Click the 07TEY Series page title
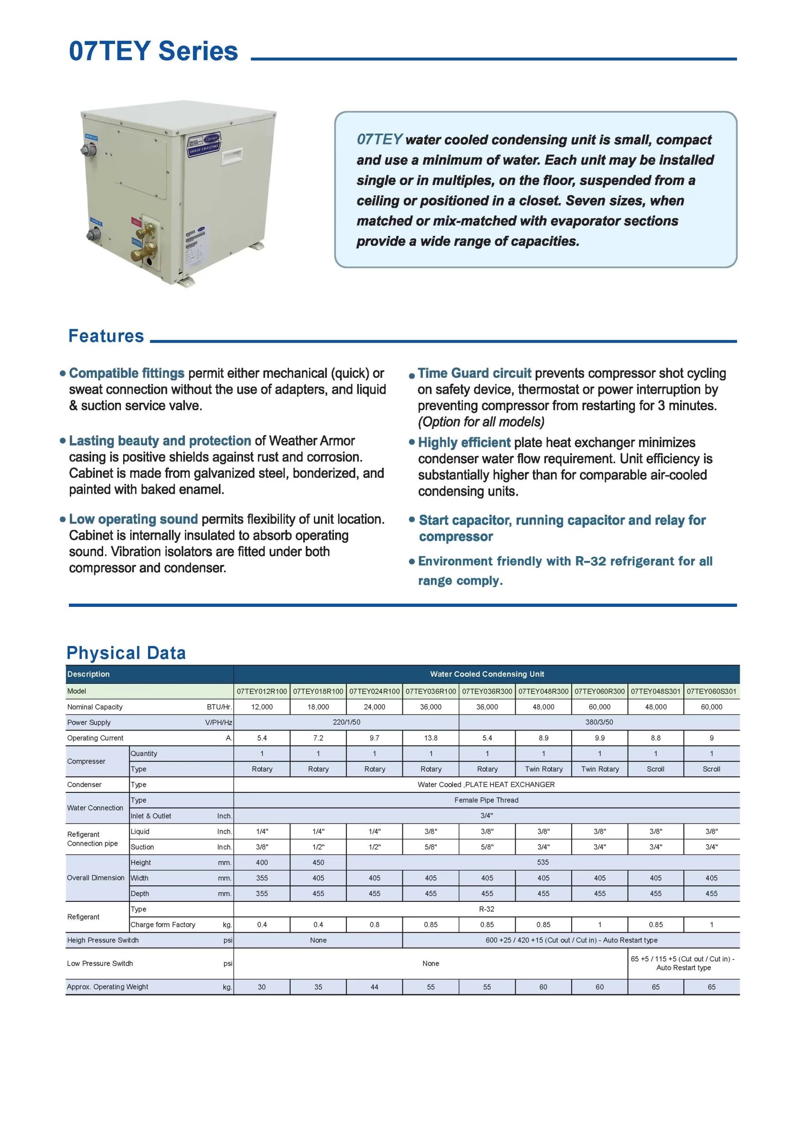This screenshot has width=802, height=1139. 153,51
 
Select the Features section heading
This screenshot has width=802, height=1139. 106,336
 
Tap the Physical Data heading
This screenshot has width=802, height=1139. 126,653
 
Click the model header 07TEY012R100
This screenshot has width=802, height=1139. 262,691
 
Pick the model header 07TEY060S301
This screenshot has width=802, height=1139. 711,691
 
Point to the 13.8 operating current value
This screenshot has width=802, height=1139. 431,738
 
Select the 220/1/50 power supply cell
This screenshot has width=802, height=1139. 346,722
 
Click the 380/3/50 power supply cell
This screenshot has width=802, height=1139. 599,722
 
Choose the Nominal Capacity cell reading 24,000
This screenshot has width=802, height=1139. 374,707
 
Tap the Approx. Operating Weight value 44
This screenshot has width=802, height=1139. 374,987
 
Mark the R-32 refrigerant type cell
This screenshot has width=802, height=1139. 486,909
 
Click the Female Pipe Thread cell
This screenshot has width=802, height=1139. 486,800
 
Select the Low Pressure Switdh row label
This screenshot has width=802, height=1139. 100,963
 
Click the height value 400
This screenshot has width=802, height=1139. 262,862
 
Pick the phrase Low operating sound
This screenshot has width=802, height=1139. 133,519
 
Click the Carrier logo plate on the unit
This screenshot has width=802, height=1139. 204,144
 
